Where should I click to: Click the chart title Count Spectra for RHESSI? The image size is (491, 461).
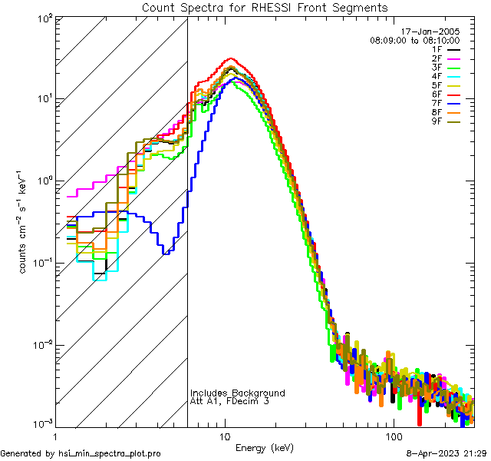265,8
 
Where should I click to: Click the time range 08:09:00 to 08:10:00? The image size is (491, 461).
415,39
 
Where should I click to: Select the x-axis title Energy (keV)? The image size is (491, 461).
265,447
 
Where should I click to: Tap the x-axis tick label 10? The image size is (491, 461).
225,435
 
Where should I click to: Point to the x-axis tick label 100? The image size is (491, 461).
393,435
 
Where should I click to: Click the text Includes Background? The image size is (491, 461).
238,393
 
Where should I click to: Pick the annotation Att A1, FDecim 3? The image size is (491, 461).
229,401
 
